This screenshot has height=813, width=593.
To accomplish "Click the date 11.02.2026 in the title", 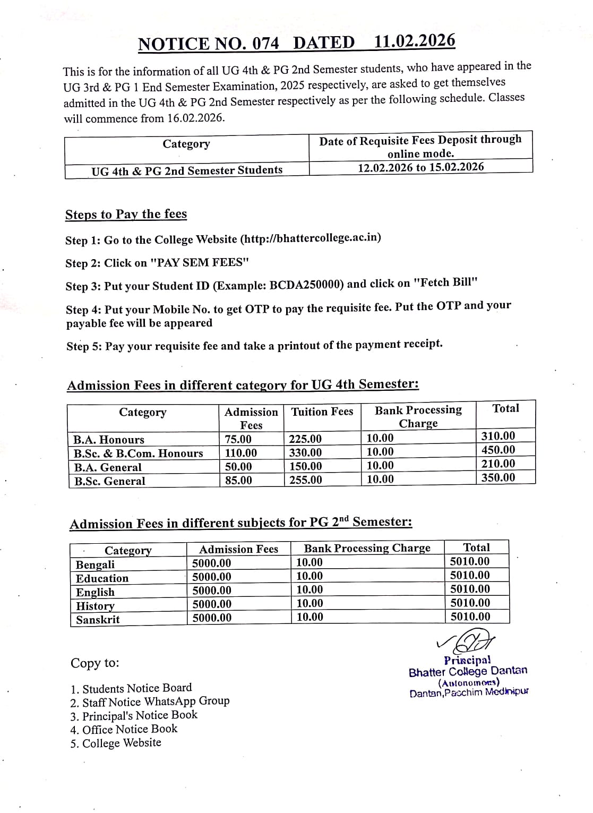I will click(414, 41).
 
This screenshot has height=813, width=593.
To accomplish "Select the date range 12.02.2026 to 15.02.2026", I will click(420, 167).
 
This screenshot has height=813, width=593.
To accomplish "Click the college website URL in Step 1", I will click(311, 238).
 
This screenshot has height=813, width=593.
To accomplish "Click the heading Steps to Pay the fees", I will click(126, 214).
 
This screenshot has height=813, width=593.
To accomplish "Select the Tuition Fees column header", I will click(322, 412).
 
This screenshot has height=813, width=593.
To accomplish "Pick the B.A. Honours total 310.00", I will click(498, 436).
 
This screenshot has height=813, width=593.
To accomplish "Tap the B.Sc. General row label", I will click(109, 481).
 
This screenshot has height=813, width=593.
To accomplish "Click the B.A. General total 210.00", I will click(498, 464).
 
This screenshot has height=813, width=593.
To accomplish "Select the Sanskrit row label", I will click(98, 620).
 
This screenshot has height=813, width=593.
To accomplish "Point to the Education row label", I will click(102, 578).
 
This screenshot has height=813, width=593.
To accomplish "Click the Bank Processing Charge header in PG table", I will click(367, 548).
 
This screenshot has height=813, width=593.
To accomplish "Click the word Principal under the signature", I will click(467, 660).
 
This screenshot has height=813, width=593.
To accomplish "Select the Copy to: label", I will click(95, 663).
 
